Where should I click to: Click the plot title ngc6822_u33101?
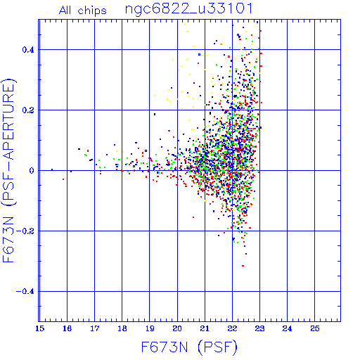[189, 9]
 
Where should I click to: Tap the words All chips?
[83, 11]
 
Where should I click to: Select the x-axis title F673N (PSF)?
[189, 347]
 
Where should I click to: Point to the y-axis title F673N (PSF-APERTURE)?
[8, 171]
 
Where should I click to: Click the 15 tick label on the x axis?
[39, 328]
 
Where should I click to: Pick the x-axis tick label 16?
[67, 328]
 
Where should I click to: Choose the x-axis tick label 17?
[94, 328]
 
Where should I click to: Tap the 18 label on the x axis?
[122, 328]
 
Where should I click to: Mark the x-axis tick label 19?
[150, 328]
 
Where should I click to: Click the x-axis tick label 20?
[177, 328]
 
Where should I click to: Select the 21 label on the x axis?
[205, 328]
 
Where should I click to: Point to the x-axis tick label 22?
[232, 328]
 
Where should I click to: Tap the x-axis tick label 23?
[259, 328]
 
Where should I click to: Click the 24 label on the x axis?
[287, 328]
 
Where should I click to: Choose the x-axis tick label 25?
[315, 328]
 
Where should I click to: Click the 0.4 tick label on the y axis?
[28, 50]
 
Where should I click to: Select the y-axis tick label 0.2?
[28, 110]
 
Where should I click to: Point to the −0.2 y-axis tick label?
[25, 231]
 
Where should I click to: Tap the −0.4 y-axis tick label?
[25, 292]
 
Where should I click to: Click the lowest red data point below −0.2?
[243, 266]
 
